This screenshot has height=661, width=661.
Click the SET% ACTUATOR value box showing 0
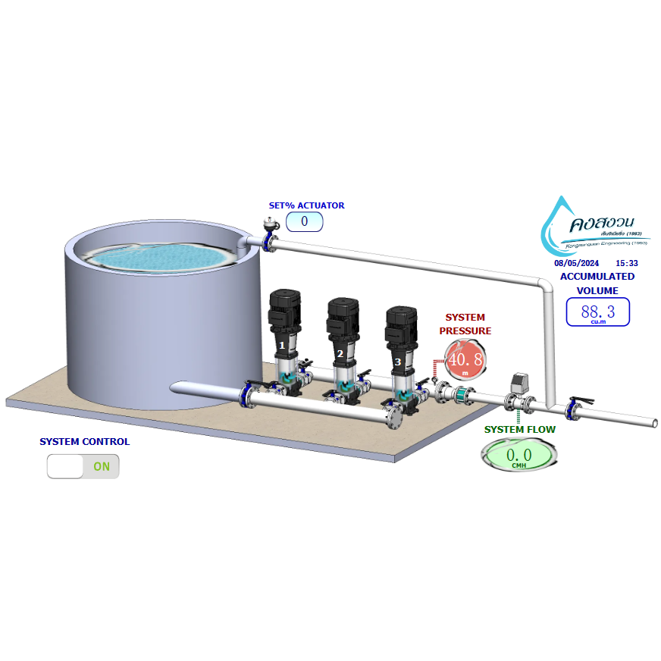304,222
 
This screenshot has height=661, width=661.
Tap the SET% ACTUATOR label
306,205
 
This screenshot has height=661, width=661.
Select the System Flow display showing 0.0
518,456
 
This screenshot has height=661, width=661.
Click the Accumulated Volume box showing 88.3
598,312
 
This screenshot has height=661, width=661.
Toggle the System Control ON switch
83,466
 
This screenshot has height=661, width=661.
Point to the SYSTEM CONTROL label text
84,442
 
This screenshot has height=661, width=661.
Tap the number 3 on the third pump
398,362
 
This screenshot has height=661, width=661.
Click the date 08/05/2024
576,263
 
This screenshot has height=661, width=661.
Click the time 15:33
627,263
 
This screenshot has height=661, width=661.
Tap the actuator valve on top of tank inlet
268,224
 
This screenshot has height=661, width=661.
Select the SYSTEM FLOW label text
519,430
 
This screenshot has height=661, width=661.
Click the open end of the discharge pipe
653,422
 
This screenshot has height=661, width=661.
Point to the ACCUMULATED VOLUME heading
597,283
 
